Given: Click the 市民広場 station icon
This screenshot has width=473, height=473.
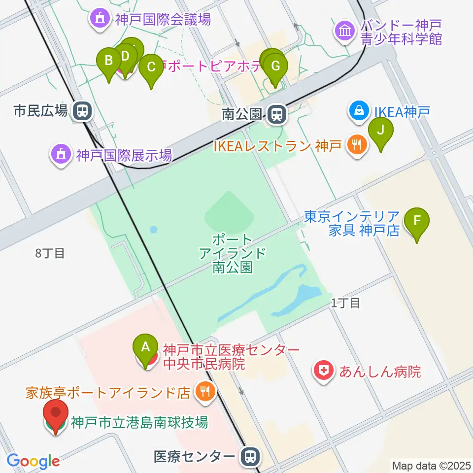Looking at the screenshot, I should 82,111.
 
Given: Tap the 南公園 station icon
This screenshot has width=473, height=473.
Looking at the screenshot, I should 277,115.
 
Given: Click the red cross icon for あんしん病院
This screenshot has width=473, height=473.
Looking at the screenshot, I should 324,371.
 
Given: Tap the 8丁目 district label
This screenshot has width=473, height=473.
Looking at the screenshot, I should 50,254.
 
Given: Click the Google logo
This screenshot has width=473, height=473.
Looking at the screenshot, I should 33,461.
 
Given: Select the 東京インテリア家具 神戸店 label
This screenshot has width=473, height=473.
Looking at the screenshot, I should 352,223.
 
